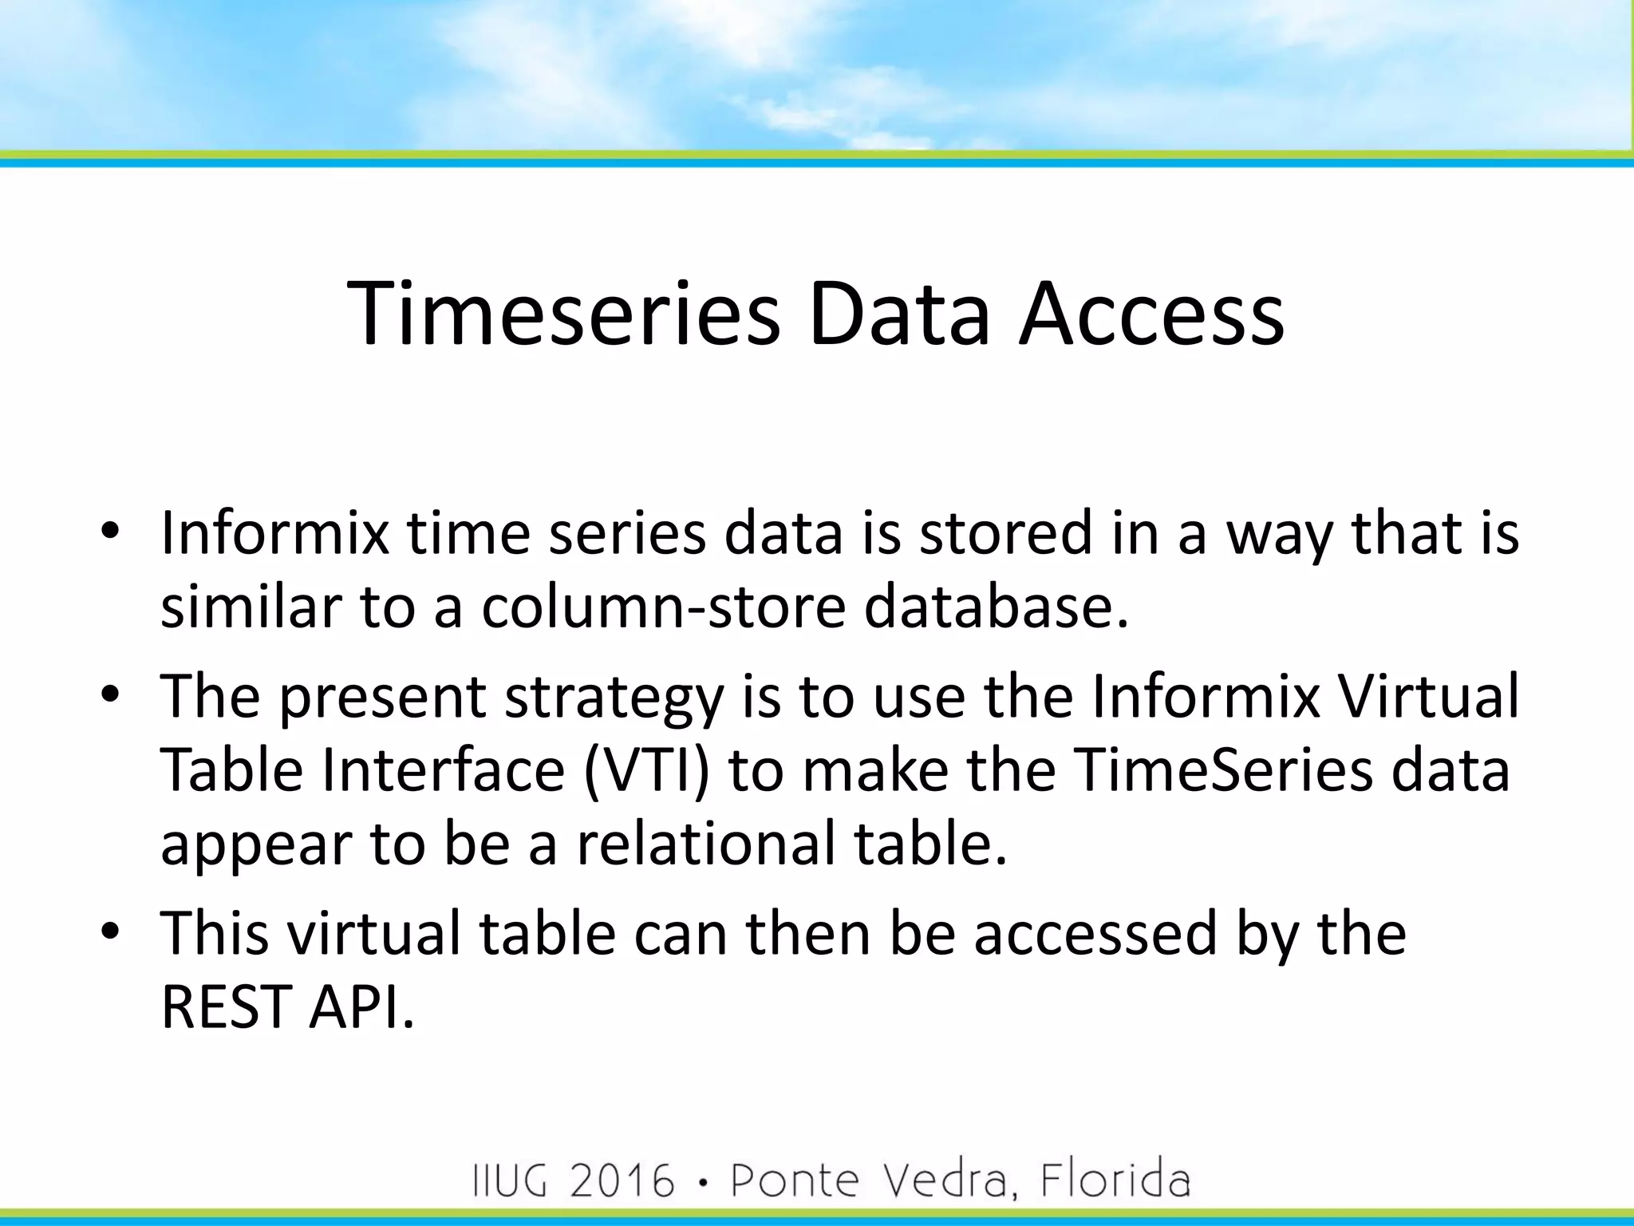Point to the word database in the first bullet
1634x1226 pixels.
point(997,607)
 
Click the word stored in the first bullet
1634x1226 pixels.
point(1005,532)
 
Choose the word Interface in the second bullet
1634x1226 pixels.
point(444,771)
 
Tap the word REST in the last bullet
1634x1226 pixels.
point(226,1007)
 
